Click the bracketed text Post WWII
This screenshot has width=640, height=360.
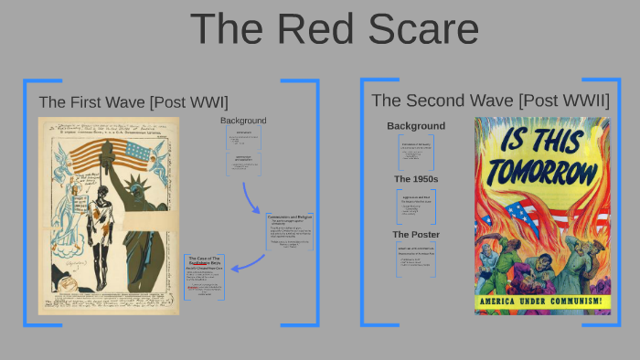564,101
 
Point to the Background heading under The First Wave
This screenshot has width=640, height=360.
243,121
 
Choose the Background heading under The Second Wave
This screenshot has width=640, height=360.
416,126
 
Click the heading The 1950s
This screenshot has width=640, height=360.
416,179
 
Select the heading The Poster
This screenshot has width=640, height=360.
416,235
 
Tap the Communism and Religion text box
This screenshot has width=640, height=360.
290,232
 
